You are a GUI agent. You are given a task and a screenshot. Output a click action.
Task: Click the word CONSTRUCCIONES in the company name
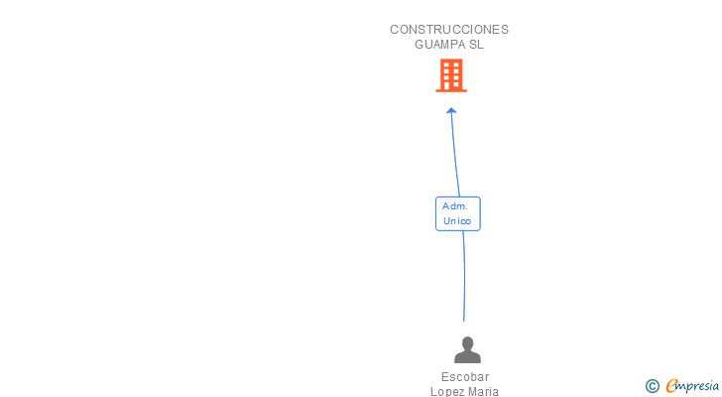(449, 30)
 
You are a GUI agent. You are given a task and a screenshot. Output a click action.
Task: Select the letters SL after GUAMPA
(477, 45)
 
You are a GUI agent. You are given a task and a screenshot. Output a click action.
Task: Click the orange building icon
(451, 75)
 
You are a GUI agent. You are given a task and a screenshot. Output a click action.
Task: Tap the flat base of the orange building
(451, 91)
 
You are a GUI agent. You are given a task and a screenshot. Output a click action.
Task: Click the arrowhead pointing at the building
(451, 110)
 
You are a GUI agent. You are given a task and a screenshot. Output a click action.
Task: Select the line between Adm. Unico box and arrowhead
(454, 154)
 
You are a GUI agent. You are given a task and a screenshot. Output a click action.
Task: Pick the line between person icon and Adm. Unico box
(464, 278)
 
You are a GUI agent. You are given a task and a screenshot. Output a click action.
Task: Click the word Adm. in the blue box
(456, 205)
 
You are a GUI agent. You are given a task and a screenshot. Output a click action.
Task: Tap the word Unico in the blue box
(457, 220)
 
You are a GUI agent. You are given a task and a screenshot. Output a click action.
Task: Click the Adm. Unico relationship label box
(458, 213)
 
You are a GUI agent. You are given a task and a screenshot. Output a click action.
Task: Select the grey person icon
(466, 349)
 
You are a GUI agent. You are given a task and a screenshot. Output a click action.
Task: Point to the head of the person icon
(466, 342)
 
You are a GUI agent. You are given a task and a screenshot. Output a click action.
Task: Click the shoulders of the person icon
(466, 357)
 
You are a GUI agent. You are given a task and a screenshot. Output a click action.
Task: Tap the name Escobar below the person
(465, 377)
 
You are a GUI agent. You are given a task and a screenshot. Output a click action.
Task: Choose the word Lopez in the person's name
(448, 391)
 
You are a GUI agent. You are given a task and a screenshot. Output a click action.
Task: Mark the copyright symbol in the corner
(652, 386)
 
